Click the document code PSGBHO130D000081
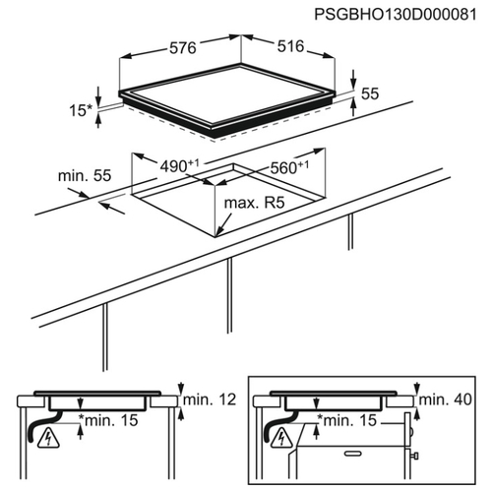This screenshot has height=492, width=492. pyautogui.click(x=396, y=15)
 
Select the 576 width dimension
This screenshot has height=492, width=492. pyautogui.click(x=183, y=48)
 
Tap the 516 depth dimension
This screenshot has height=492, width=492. pyautogui.click(x=291, y=46)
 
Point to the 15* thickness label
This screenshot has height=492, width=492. pyautogui.click(x=81, y=110)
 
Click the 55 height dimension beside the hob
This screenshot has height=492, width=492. pyautogui.click(x=370, y=93)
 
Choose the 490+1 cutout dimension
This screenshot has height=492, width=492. pyautogui.click(x=179, y=165)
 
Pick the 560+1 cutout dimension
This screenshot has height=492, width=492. pyautogui.click(x=289, y=167)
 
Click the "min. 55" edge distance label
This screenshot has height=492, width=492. pyautogui.click(x=85, y=176)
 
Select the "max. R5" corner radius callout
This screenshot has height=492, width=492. pyautogui.click(x=254, y=203)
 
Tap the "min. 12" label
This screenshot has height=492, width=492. pyautogui.click(x=210, y=400)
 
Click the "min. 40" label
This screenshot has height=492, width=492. pyautogui.click(x=446, y=400)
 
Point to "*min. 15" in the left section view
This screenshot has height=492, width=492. pyautogui.click(x=108, y=420)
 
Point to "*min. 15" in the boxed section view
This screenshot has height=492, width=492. pyautogui.click(x=347, y=420)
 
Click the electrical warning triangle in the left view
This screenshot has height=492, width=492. pyautogui.click(x=48, y=439)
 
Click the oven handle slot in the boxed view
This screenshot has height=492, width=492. pyautogui.click(x=352, y=454)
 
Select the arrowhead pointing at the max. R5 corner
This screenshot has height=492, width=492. pyautogui.click(x=219, y=231)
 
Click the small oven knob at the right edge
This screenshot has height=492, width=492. pyautogui.click(x=415, y=456)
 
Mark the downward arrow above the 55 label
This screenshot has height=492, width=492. pyautogui.click(x=353, y=79)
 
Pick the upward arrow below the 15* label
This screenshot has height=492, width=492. pyautogui.click(x=98, y=120)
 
